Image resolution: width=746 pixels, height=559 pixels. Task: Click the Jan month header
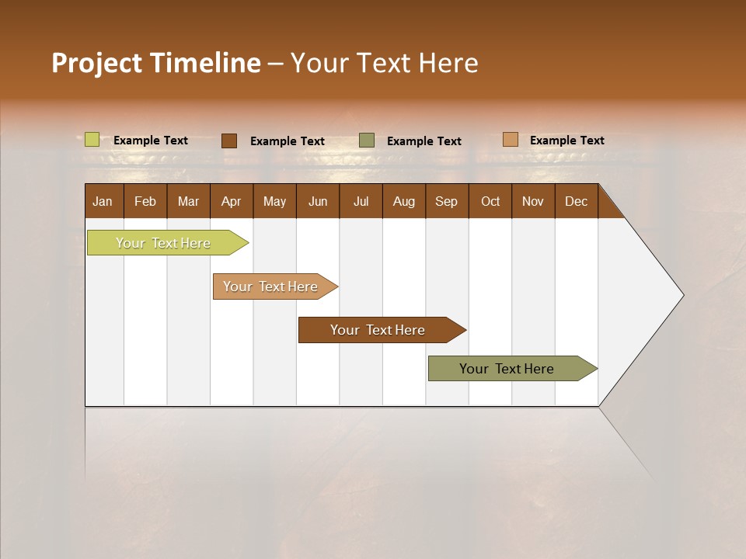coord(103,201)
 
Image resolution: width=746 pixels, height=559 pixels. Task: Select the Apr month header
coord(232,201)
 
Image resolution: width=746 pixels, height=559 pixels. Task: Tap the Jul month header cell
coord(361,201)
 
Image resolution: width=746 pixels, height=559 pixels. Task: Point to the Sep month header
coord(447,201)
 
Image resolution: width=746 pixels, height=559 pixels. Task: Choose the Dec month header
coord(576,201)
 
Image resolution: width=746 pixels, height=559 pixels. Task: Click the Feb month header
coord(145,201)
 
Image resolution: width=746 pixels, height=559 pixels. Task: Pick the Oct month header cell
coord(490,201)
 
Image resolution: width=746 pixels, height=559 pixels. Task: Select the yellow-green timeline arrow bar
coord(163,243)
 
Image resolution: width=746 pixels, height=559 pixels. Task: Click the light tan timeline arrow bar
coord(270,286)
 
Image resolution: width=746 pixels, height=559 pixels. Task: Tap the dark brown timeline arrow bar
coord(378,330)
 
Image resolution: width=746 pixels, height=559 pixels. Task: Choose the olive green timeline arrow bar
coord(507,369)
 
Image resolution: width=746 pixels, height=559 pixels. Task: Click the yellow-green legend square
coord(92,140)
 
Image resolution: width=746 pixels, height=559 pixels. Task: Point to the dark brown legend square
coord(228,141)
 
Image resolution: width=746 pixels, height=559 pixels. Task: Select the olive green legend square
coord(366,141)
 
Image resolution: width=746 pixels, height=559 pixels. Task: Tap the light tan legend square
coord(510,140)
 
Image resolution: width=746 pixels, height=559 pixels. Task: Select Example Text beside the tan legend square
coord(566,141)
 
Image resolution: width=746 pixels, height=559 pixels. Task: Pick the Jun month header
coord(318,201)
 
